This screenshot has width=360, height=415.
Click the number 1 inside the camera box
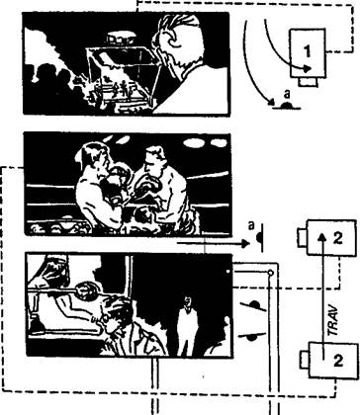(x=307, y=51)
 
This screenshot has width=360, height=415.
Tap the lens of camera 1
(x=309, y=82)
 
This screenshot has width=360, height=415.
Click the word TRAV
(x=333, y=320)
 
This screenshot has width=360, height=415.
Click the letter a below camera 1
(x=287, y=94)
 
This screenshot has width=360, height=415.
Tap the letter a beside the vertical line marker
(x=251, y=225)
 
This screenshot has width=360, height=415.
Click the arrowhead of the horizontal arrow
(x=245, y=244)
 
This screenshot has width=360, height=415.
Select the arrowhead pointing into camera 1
(x=308, y=68)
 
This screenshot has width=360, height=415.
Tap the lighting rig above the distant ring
(x=121, y=38)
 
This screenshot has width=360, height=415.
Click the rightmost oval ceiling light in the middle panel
(x=219, y=143)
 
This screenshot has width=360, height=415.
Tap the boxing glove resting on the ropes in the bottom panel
(x=86, y=290)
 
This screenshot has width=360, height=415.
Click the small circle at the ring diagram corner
(x=270, y=273)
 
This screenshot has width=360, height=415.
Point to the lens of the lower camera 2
(x=305, y=360)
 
